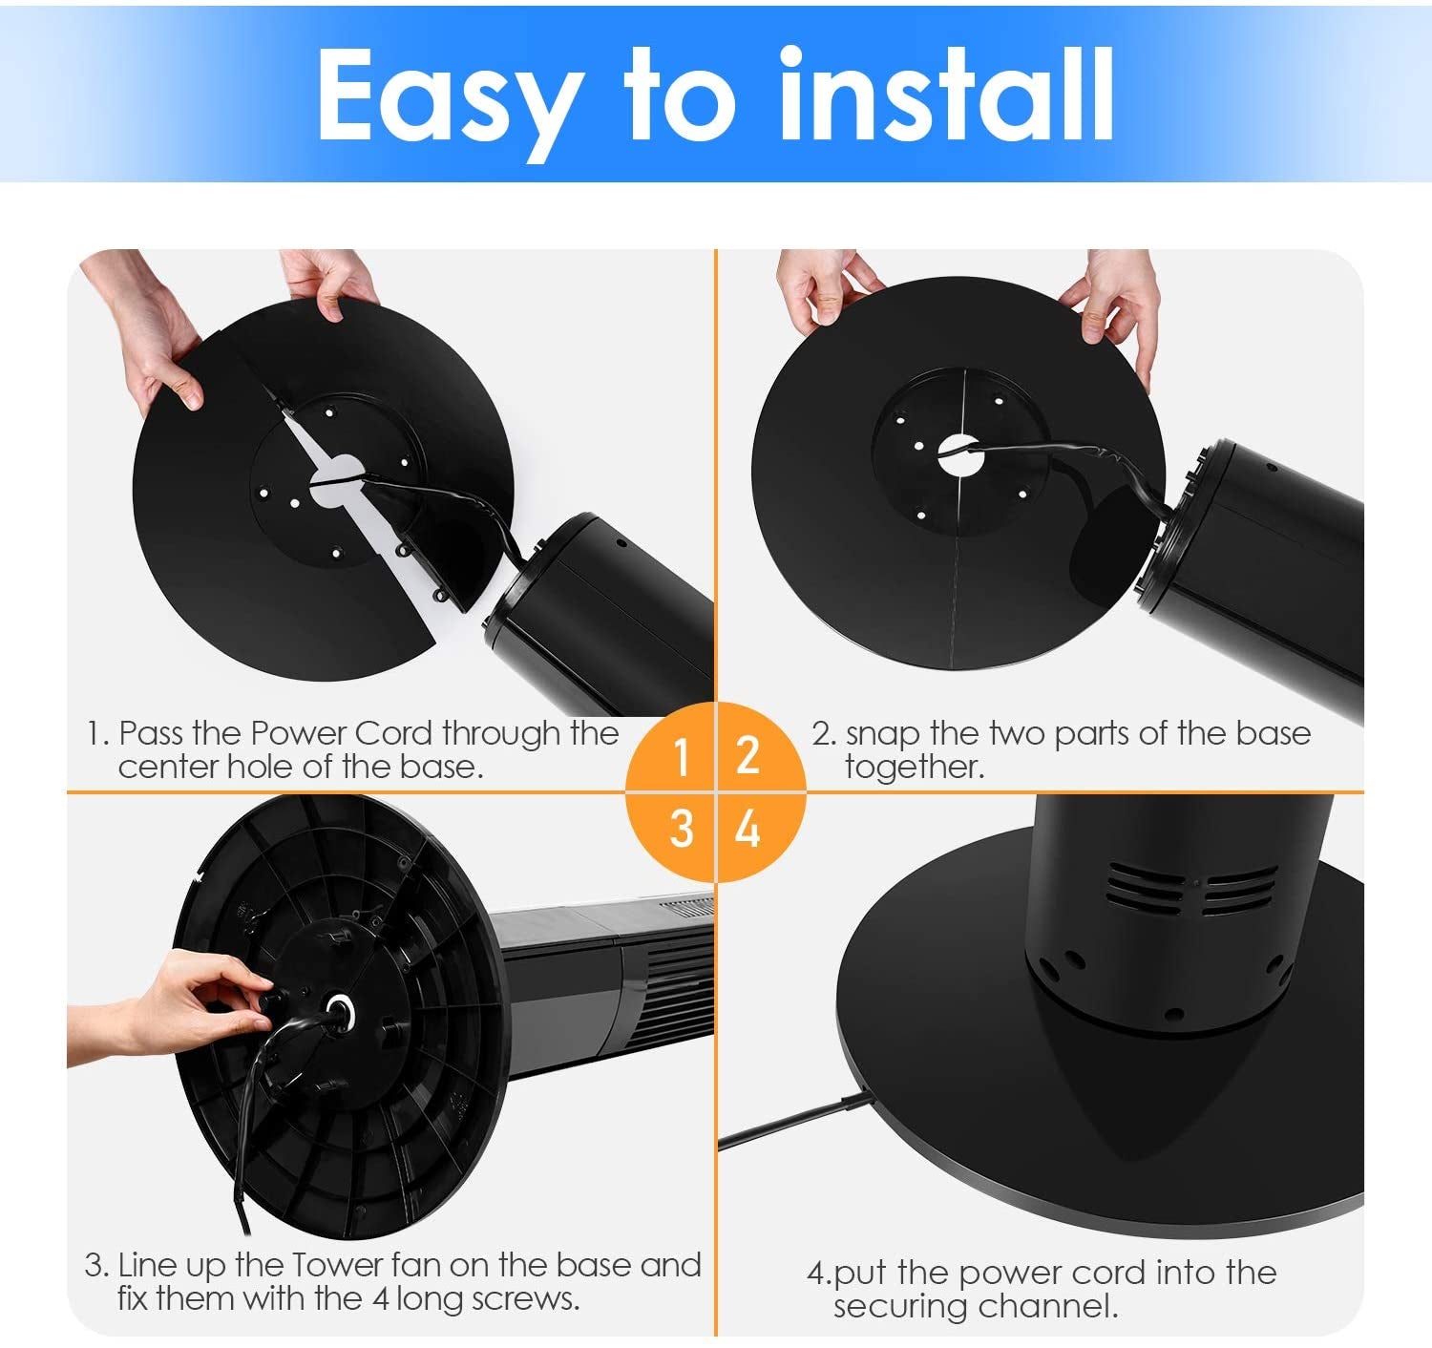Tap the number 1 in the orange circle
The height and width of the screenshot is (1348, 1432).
[681, 757]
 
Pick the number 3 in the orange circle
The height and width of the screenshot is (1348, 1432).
[681, 828]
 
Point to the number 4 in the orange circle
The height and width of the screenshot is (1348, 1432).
[748, 828]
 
